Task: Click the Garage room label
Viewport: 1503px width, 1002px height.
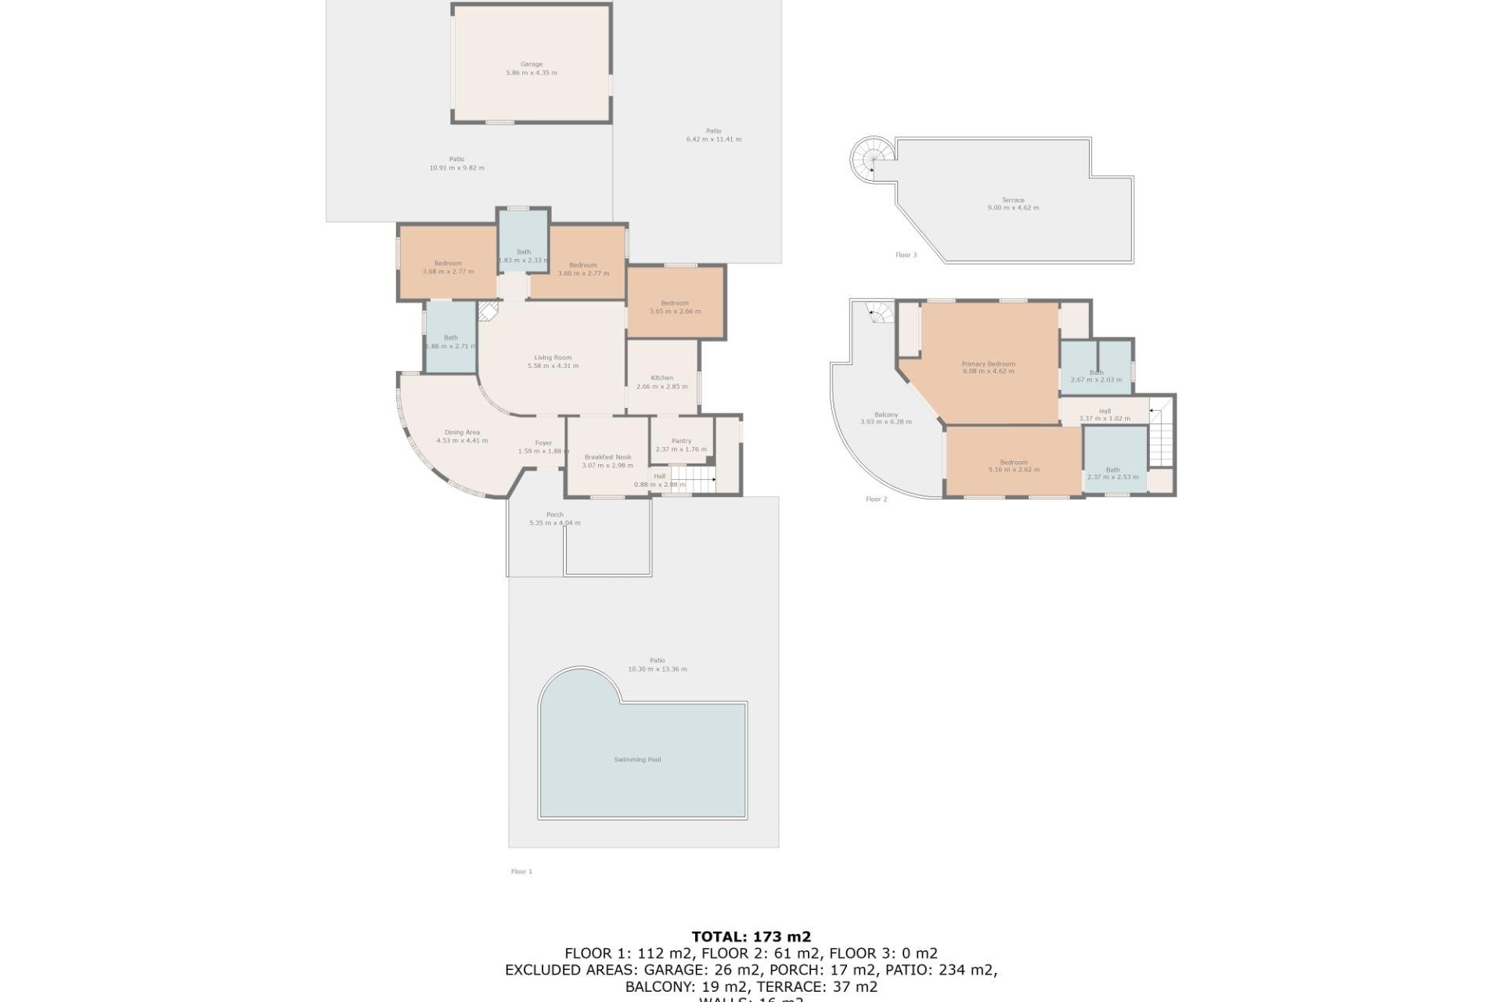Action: pos(532,65)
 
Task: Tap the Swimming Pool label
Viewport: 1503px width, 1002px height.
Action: pos(637,759)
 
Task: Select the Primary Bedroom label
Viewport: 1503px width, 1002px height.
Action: pos(988,364)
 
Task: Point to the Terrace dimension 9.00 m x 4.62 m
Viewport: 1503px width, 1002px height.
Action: pos(1013,208)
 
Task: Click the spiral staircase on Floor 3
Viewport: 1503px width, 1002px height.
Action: pos(870,159)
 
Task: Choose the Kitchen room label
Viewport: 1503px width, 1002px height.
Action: pos(661,378)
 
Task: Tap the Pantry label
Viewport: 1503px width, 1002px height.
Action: pos(681,441)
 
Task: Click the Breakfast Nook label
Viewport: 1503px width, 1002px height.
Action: pos(607,457)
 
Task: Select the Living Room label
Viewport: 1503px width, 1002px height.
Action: pos(553,358)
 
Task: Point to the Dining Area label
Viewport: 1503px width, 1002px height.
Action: pos(462,432)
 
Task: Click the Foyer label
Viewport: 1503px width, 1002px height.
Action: pos(543,443)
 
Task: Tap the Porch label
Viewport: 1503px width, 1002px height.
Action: pos(554,514)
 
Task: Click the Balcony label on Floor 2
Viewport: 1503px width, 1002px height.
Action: pos(885,415)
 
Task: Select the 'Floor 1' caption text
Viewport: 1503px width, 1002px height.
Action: pos(521,871)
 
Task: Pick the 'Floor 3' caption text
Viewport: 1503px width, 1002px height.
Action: pos(906,255)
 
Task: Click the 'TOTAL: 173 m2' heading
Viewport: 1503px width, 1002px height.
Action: pos(751,936)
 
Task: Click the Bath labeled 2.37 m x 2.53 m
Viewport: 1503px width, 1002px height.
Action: pos(1112,470)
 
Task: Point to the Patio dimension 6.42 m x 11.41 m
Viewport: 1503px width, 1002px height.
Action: pos(713,139)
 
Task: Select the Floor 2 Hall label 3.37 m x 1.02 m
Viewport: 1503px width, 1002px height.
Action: pos(1105,411)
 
